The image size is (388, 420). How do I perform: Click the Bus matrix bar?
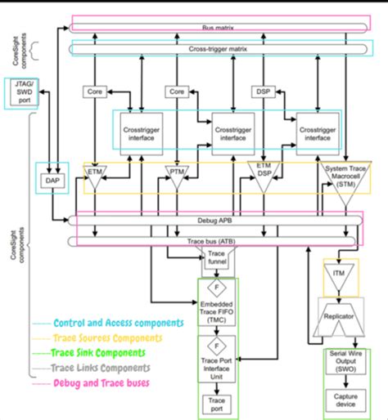point(216,26)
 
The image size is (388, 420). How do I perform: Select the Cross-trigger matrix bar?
point(216,49)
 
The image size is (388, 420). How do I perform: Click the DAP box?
point(50,179)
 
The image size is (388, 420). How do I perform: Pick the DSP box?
point(264,92)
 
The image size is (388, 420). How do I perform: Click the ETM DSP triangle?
point(264,175)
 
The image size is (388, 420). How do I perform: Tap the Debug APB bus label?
point(216,221)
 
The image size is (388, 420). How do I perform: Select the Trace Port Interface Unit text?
point(216,365)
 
